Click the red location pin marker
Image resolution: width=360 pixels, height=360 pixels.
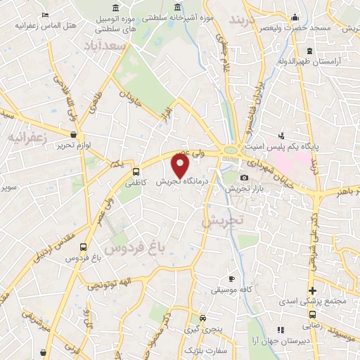181,167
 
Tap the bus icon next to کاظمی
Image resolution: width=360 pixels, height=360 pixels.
136,171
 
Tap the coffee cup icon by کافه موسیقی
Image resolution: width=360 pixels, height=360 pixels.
231,279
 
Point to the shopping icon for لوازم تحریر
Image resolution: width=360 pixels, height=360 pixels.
73,134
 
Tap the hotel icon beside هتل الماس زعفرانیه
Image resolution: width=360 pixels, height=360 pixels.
46,15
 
